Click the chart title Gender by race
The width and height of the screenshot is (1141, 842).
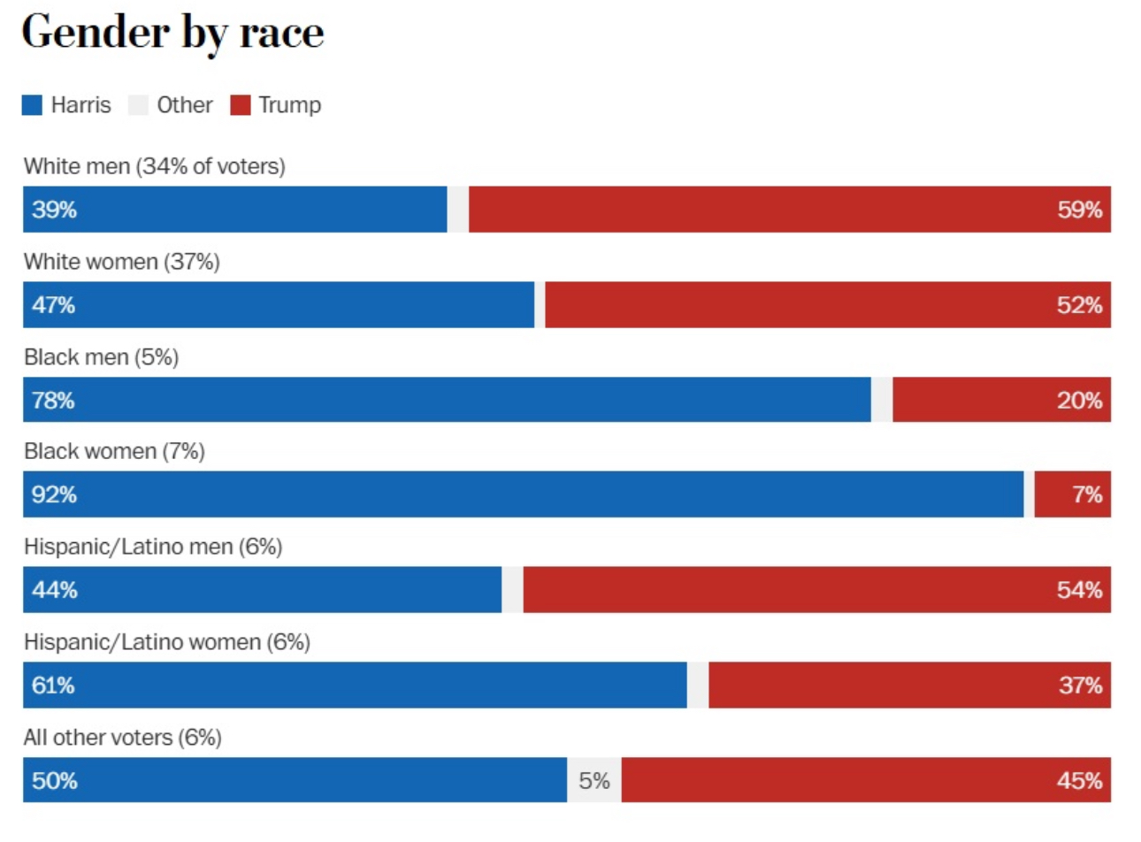pos(172,33)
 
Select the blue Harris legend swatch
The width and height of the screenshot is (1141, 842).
pos(33,105)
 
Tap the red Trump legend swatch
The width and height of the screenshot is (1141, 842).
pos(241,105)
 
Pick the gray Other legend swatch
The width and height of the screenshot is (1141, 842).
pos(138,105)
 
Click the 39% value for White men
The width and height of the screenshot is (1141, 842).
pos(54,210)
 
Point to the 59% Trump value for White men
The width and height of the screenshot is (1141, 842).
pos(1079,210)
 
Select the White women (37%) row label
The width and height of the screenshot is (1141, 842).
pos(121,262)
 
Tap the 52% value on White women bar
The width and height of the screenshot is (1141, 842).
pos(1079,305)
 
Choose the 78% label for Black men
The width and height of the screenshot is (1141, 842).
pos(53,401)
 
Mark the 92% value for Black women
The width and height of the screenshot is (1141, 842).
pos(54,494)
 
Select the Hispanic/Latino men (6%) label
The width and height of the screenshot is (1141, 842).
pos(153,547)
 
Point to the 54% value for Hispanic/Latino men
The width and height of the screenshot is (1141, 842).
pos(1079,590)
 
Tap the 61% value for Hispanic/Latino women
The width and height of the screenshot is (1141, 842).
pos(53,685)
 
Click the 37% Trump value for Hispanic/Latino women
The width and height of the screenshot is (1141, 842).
pos(1080,685)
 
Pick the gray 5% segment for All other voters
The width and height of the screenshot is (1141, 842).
pos(594,781)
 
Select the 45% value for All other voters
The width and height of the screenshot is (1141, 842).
pos(1079,781)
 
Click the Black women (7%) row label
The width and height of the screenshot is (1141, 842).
pos(114,451)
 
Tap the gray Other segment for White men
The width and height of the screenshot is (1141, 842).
pos(458,210)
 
